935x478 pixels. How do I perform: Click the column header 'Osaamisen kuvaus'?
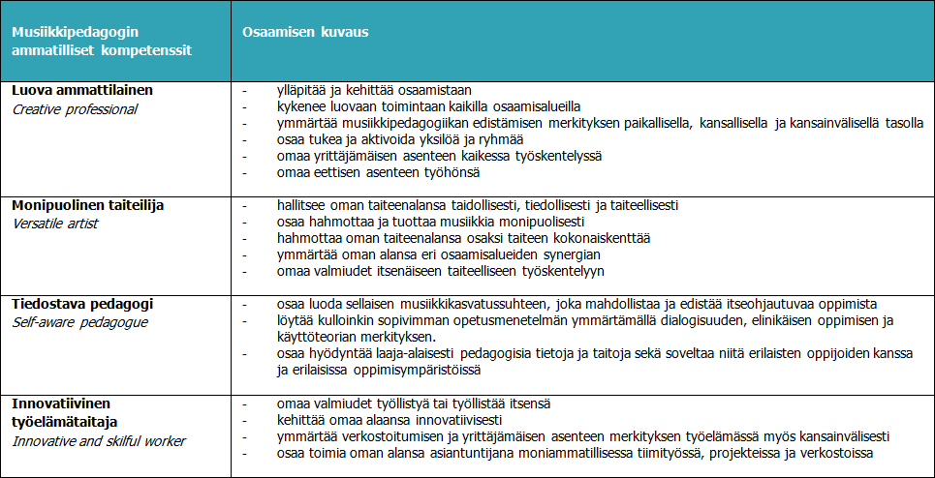[x=305, y=32]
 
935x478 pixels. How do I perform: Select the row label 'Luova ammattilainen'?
[x=82, y=89]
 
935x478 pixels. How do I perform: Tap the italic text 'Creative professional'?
[x=75, y=109]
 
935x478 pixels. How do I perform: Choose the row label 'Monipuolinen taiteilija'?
[x=88, y=204]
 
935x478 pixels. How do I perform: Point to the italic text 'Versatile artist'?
[x=55, y=224]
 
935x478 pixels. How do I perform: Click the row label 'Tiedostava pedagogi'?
[x=82, y=303]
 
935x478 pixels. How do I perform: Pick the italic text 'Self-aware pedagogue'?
[x=79, y=322]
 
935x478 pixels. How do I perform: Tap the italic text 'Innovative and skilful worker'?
[x=99, y=441]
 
